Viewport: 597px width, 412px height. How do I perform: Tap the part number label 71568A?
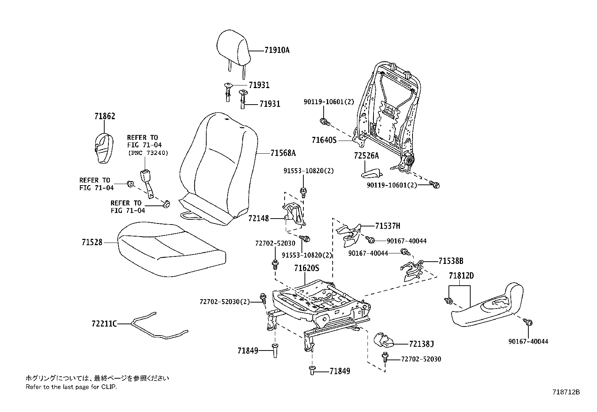click(283, 153)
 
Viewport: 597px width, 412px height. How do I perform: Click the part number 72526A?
click(366, 156)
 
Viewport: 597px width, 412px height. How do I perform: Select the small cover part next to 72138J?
click(384, 340)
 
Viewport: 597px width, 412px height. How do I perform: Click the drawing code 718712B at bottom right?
click(566, 392)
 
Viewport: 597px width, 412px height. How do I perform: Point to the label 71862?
click(105, 116)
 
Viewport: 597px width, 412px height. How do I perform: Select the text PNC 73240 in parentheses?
click(148, 153)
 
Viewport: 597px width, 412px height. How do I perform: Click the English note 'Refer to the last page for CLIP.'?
click(71, 387)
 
